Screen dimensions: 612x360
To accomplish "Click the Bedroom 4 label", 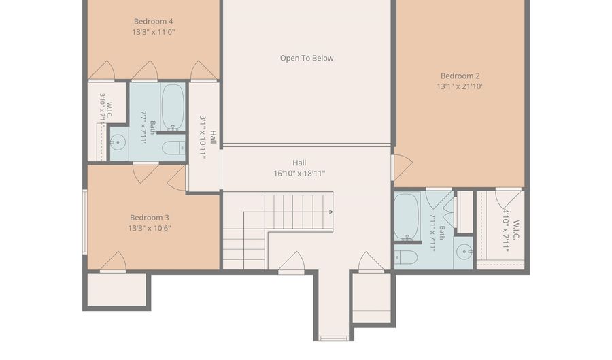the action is point(154,22).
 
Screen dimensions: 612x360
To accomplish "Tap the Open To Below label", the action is point(307,58).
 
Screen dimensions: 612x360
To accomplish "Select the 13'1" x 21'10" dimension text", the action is point(460,86).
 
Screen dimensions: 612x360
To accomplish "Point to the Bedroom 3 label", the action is point(150,218).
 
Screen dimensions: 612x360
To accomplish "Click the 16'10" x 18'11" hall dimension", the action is point(299,174).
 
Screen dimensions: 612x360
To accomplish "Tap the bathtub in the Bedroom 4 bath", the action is point(173,107).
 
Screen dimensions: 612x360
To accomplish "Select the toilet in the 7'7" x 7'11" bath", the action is point(173,148).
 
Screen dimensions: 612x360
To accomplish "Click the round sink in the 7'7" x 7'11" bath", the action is point(118,142).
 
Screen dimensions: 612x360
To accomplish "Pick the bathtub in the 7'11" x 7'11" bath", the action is point(407,216).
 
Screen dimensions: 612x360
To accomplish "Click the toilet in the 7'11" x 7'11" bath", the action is point(407,257).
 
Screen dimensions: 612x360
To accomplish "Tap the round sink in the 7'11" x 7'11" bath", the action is point(464,252).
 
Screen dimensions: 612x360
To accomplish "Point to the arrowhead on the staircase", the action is point(331,212).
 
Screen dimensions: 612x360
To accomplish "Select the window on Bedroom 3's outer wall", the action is point(84,222).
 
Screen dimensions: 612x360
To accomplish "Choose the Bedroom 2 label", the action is point(460,76).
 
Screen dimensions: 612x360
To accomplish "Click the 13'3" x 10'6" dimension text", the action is point(150,228).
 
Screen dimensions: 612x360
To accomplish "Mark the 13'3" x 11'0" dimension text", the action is point(154,32).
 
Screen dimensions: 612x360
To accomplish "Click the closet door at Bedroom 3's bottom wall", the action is point(113,261).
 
